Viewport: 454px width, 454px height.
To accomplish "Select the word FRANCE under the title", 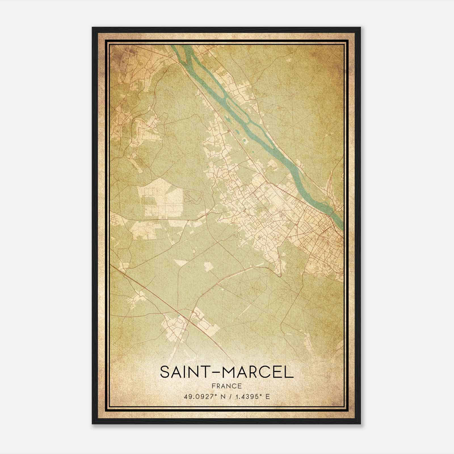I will pos(226,386).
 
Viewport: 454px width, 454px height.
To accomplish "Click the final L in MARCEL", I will pos(289,372).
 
